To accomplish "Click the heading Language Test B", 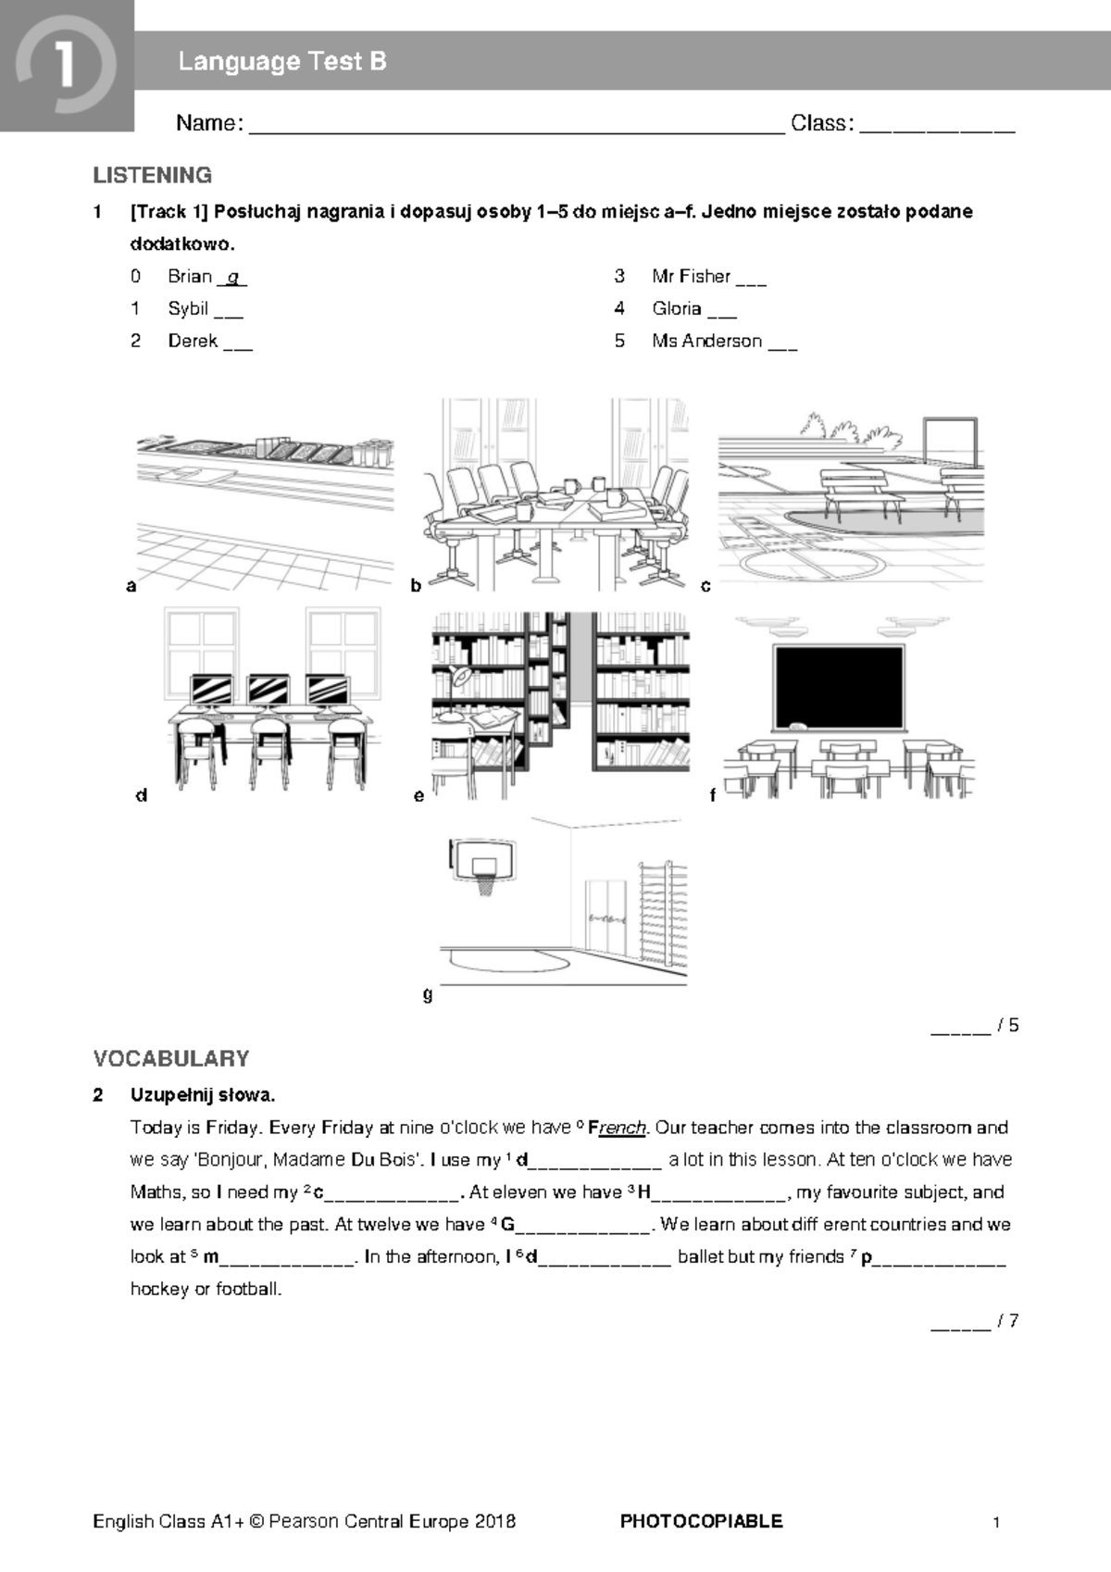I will pyautogui.click(x=281, y=62).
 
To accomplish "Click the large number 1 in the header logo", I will pyautogui.click(x=65, y=67).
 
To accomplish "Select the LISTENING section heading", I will pyautogui.click(x=153, y=175).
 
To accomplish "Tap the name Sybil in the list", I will pyautogui.click(x=187, y=308).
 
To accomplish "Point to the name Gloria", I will pyautogui.click(x=676, y=308).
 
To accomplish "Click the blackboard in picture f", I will pyautogui.click(x=839, y=686).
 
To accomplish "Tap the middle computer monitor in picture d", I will pyautogui.click(x=268, y=690).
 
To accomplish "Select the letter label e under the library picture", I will pyautogui.click(x=419, y=795).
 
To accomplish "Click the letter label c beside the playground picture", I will pyautogui.click(x=705, y=585).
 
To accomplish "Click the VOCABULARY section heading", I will pyautogui.click(x=171, y=1058).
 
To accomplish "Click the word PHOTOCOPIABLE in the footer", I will pyautogui.click(x=701, y=1521).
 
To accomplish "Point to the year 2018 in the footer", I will pyautogui.click(x=494, y=1521).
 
